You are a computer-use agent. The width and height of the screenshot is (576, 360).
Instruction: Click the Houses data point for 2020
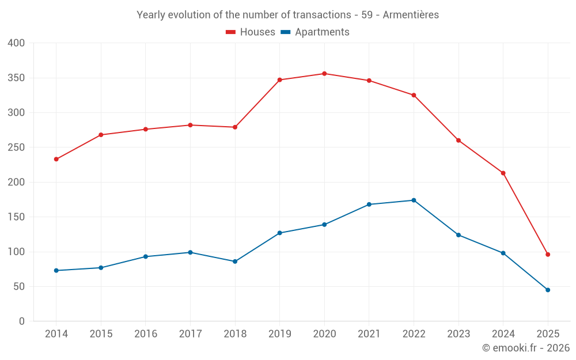point(324,74)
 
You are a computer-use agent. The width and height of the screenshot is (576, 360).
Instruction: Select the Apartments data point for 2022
point(414,200)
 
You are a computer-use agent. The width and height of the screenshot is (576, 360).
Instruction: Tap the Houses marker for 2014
point(56,159)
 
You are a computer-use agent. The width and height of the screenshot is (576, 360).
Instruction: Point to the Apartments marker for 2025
point(548,290)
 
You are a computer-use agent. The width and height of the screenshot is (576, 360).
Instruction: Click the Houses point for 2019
point(279,80)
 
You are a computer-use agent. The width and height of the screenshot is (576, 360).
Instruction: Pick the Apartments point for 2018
point(235,262)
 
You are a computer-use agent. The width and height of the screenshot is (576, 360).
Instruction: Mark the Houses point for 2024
point(503,173)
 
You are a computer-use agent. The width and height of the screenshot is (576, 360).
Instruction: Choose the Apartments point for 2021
point(369,204)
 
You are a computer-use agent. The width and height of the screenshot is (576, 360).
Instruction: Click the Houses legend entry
point(251,32)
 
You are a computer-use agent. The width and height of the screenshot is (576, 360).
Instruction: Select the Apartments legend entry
point(315,32)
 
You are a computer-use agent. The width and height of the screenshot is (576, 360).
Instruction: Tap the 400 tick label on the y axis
point(17,43)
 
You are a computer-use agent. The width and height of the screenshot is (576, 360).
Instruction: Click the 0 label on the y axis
point(22,321)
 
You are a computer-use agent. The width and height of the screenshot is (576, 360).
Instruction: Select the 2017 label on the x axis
point(190,334)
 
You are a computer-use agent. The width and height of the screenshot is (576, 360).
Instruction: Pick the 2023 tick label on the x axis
point(458,334)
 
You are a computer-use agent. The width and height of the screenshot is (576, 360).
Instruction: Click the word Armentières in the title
point(410,15)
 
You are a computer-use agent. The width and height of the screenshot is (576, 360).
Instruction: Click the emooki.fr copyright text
point(526,348)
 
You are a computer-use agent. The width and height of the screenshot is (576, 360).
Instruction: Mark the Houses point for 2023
point(458,141)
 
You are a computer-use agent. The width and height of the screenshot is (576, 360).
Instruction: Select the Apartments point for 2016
point(145,256)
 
